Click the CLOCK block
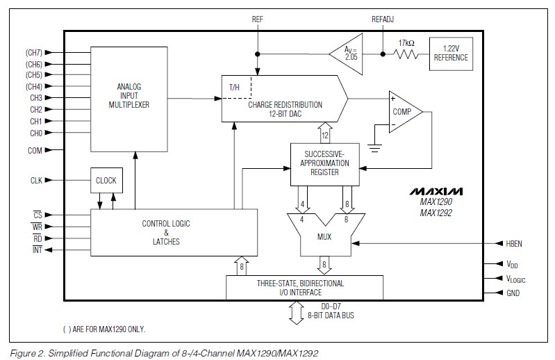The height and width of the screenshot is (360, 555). pos(106,180)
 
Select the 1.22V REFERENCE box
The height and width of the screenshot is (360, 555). pos(451,54)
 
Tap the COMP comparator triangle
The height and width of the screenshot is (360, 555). pos(406,112)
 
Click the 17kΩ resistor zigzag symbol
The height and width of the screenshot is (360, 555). pos(406,54)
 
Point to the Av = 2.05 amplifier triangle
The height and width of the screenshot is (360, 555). pos(346,54)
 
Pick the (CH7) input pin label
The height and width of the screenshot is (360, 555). pos(34,53)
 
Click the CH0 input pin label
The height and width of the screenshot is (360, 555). pos(36,133)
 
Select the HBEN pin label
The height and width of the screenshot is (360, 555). pos(514,243)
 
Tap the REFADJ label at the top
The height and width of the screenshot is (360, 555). pos(383,19)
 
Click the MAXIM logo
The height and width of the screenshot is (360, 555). pos(436,191)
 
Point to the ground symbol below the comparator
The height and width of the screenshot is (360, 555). pos(374,148)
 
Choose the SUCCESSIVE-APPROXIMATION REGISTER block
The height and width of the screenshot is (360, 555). pos(325,164)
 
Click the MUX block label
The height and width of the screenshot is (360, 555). pos(324,236)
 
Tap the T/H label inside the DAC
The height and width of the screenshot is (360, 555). pos(234,87)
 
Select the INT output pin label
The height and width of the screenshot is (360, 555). pos(38,250)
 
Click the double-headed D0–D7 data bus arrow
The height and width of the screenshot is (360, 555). pos(297,313)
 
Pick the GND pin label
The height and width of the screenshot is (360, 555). pos(513,293)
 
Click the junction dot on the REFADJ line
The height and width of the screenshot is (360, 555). pos(383,54)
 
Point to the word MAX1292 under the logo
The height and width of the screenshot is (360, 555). pos(436,213)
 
